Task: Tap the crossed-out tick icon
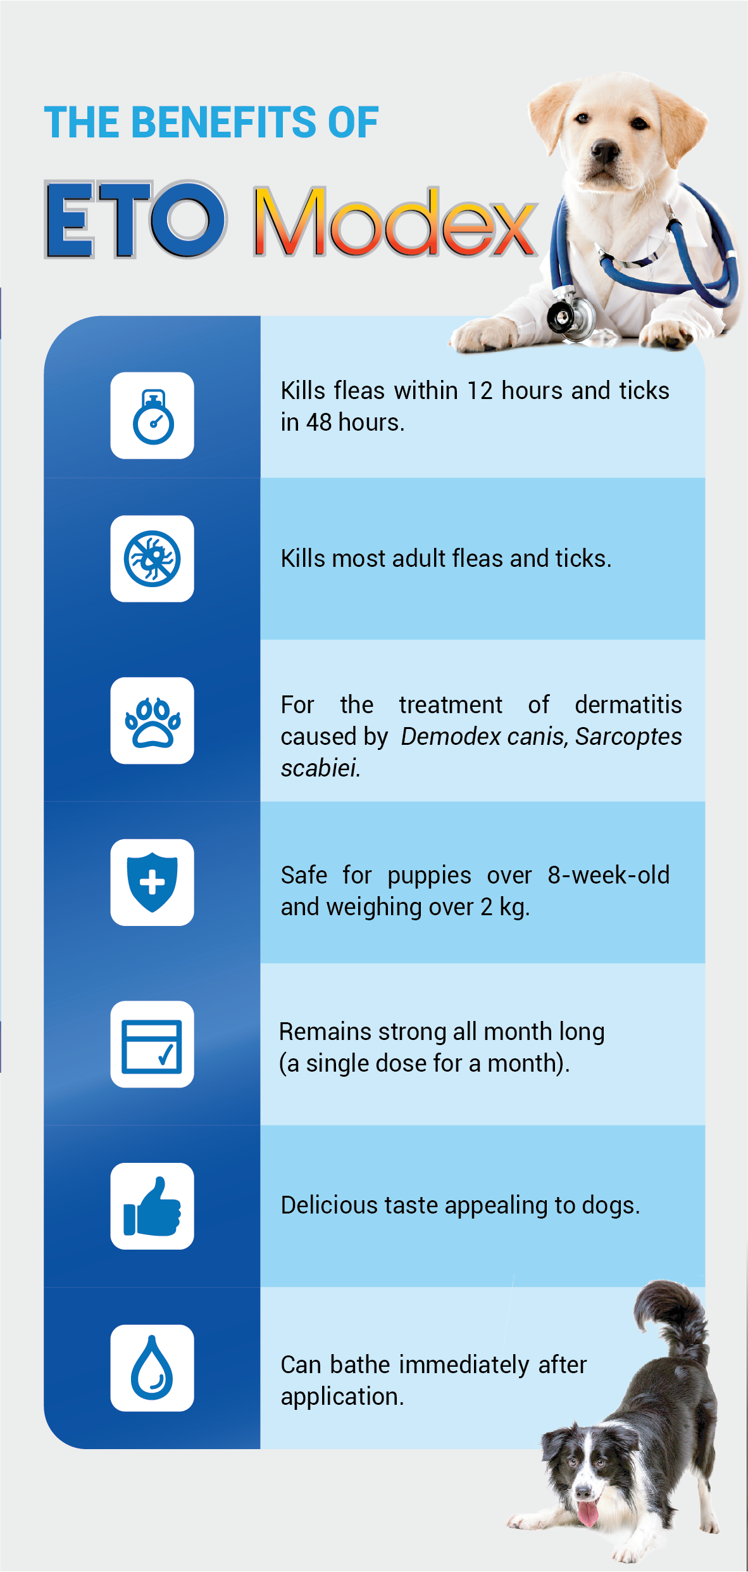pyautogui.click(x=153, y=559)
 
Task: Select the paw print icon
pyautogui.click(x=153, y=722)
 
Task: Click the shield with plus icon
pyautogui.click(x=152, y=882)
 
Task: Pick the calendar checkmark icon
pyautogui.click(x=152, y=1046)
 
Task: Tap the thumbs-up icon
pyautogui.click(x=153, y=1207)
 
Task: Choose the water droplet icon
pyautogui.click(x=152, y=1367)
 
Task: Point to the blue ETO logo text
pyautogui.click(x=135, y=219)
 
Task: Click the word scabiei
pyautogui.click(x=320, y=768)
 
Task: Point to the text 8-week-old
pyautogui.click(x=608, y=875)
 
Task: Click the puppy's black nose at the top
pyautogui.click(x=605, y=152)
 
